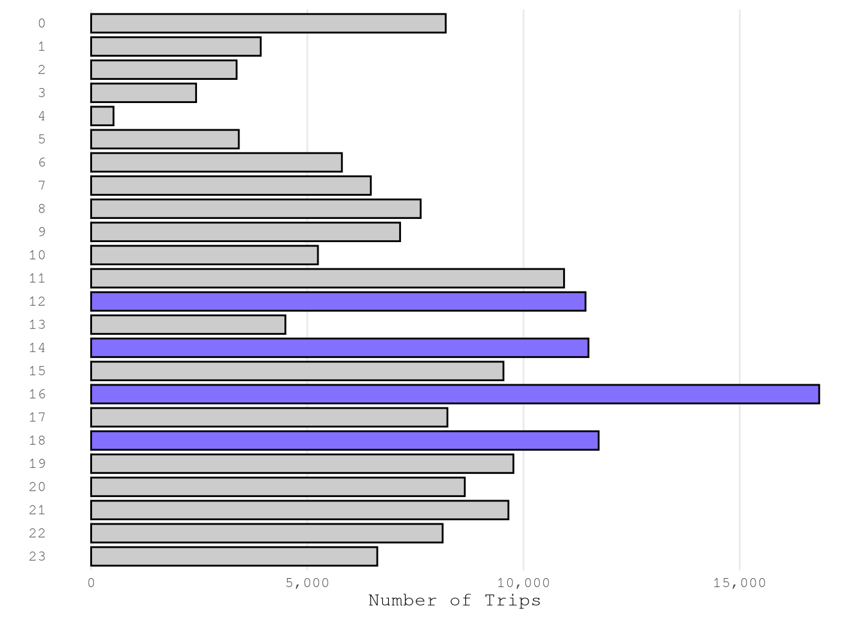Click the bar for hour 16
coord(454,394)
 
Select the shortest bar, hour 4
coord(102,116)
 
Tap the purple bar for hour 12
coord(338,301)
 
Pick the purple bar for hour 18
coord(344,440)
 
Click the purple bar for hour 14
coord(339,348)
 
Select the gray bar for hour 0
coord(268,23)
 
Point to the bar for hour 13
coord(188,324)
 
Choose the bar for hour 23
coord(234,556)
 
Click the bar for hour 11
coord(327,278)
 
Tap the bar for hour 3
coord(144,93)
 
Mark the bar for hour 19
coord(302,464)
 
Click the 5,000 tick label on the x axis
coord(307,583)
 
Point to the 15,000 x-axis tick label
coord(739,583)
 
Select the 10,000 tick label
coord(523,583)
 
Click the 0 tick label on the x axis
coord(91,583)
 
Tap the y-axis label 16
coord(37,394)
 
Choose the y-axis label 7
coord(42,185)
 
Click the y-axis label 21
coord(37,510)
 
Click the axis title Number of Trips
coord(454,601)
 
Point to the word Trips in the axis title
coord(512,601)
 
